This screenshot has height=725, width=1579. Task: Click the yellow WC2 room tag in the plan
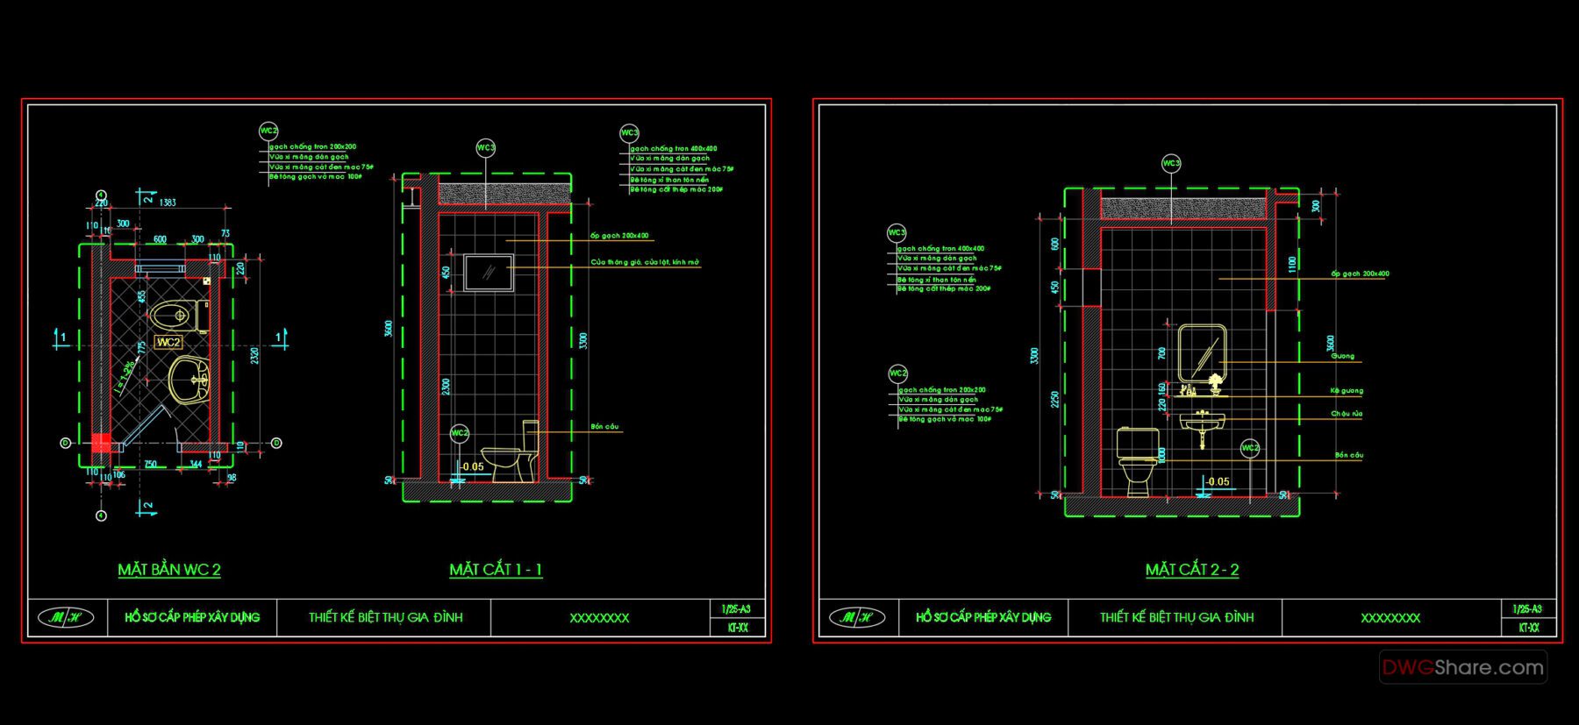pyautogui.click(x=168, y=342)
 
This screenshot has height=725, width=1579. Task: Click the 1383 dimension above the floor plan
pyautogui.click(x=167, y=203)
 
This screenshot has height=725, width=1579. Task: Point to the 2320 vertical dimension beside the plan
pyautogui.click(x=254, y=357)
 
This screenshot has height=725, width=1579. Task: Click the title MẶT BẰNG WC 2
pyautogui.click(x=169, y=570)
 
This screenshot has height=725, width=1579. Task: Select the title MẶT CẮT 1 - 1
pyautogui.click(x=496, y=570)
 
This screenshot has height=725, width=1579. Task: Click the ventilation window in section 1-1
pyautogui.click(x=488, y=273)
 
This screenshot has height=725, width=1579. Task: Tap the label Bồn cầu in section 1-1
pyautogui.click(x=604, y=427)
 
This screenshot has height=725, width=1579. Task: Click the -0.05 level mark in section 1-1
pyautogui.click(x=471, y=466)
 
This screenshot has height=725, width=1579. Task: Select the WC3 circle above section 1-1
pyautogui.click(x=485, y=148)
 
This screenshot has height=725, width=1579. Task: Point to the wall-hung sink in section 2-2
pyautogui.click(x=1202, y=424)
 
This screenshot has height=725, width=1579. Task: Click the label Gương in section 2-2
pyautogui.click(x=1342, y=356)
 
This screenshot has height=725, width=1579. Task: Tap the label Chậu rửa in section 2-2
pyautogui.click(x=1346, y=414)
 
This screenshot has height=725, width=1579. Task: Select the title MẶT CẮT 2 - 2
pyautogui.click(x=1192, y=570)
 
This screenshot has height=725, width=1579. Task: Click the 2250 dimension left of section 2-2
pyautogui.click(x=1055, y=399)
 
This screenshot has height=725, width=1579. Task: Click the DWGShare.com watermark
pyautogui.click(x=1463, y=667)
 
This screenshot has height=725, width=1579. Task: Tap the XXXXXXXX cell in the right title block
pyautogui.click(x=1390, y=618)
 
